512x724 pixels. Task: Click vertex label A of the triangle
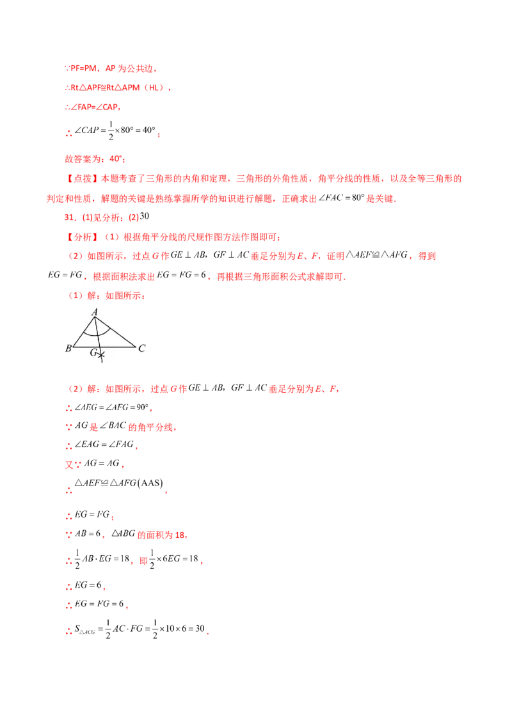[95, 312]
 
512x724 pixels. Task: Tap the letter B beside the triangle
[68, 349]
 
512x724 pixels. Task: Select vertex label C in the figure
[141, 349]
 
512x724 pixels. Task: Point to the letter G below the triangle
[93, 352]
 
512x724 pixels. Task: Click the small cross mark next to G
[101, 354]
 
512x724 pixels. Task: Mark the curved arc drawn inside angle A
[97, 333]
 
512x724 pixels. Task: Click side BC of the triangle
[105, 347]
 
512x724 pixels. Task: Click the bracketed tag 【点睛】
[82, 179]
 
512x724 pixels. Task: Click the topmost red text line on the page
[109, 67]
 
